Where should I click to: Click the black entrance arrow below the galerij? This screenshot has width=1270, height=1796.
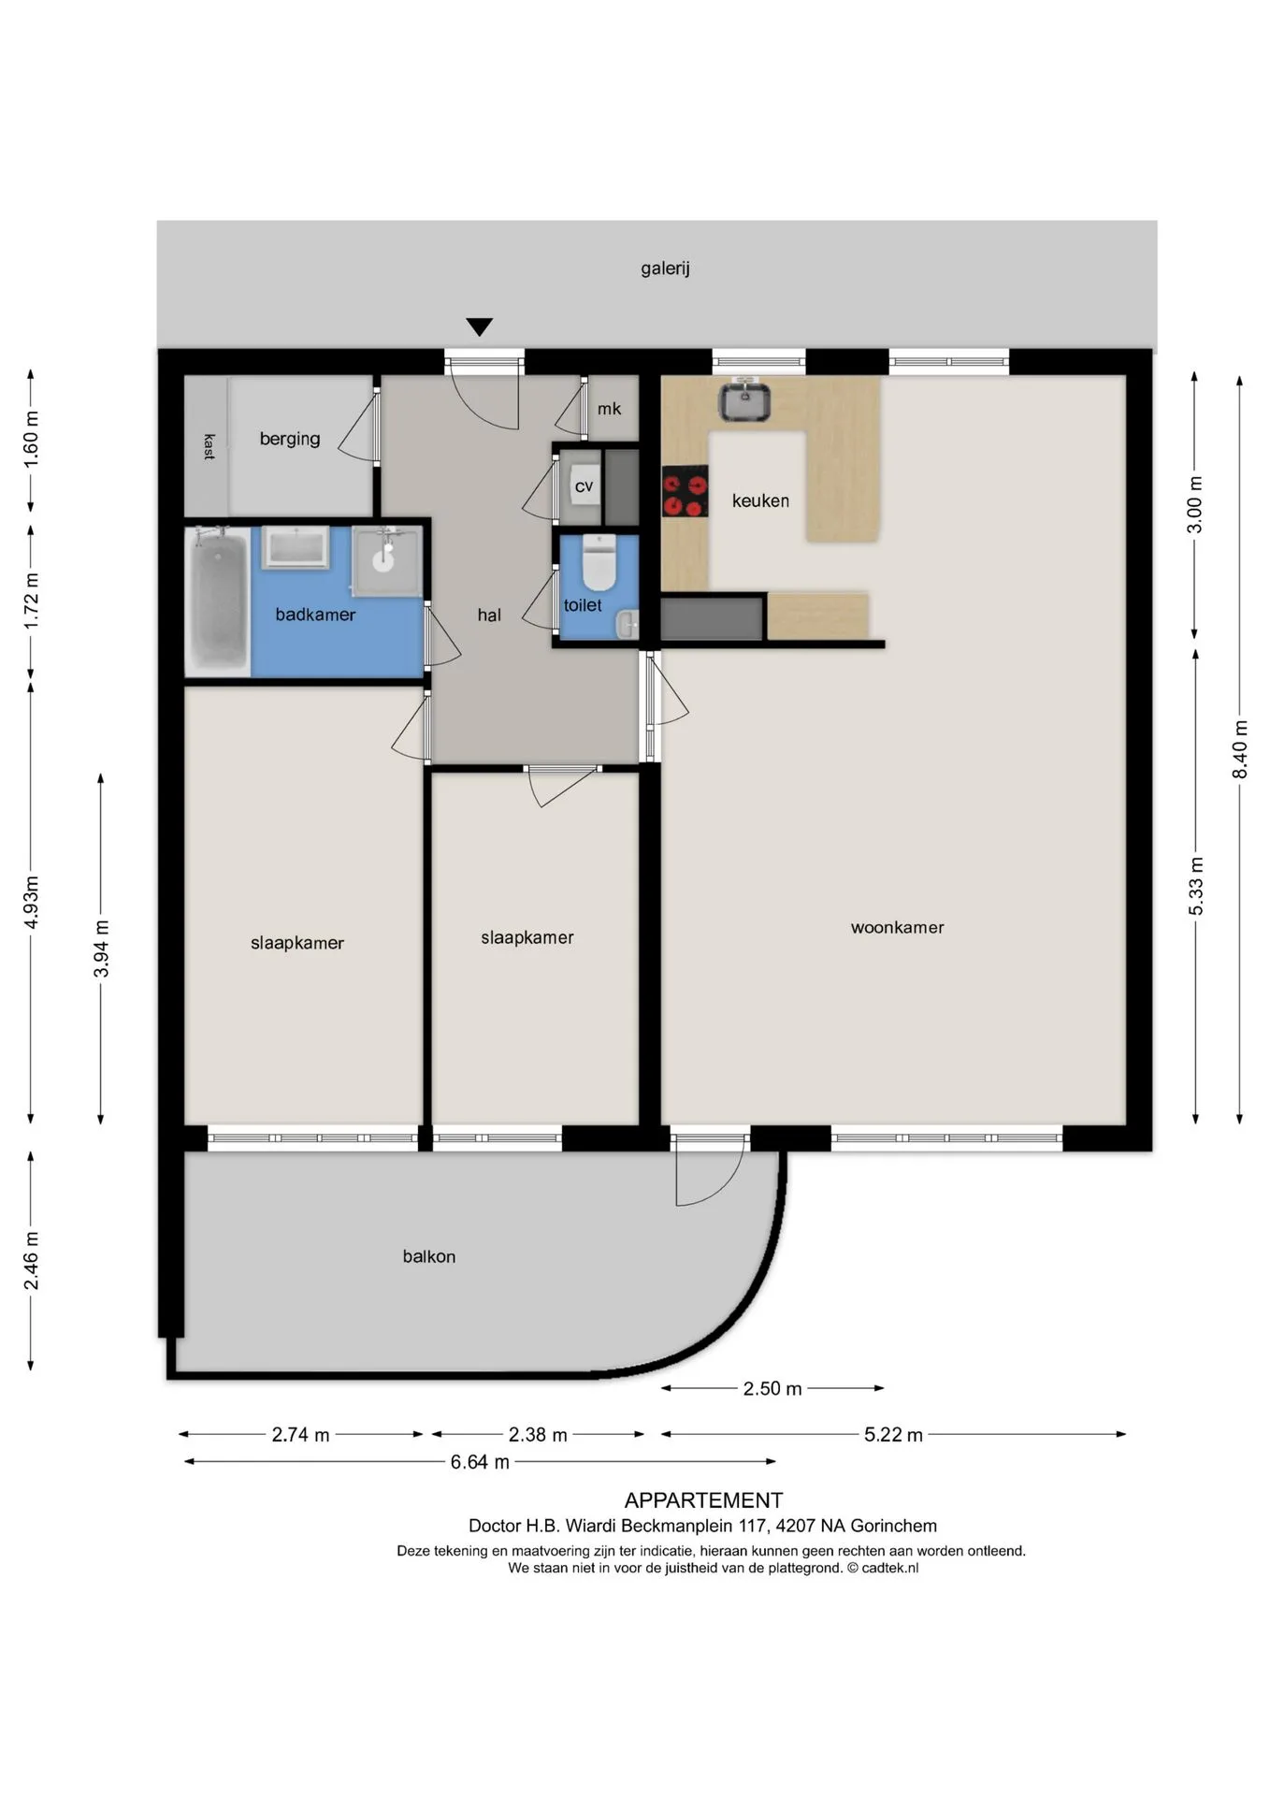point(480,326)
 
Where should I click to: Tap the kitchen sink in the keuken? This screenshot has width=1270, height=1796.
point(744,400)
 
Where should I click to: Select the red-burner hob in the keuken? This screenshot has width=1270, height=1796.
point(685,491)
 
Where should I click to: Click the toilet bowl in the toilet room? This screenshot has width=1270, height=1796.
point(599,561)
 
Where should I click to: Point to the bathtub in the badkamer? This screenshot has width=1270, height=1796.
point(218,600)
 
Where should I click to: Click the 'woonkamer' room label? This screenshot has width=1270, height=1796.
point(897,927)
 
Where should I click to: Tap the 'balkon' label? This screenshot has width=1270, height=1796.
point(429,1256)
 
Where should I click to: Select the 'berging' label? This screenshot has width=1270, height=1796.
point(290,439)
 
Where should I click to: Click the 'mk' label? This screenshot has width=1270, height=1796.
point(609,409)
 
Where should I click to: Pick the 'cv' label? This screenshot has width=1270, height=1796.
point(584,486)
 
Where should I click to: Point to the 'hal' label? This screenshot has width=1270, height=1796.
point(489,615)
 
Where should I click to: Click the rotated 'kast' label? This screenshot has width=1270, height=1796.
point(208,446)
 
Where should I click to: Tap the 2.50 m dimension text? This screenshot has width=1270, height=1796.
point(772,1388)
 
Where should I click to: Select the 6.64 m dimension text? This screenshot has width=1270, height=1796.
point(480,1461)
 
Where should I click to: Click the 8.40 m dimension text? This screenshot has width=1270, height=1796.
point(1239,748)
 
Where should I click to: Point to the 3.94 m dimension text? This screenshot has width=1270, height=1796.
point(101,949)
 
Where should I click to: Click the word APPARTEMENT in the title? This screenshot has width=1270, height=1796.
point(703,1500)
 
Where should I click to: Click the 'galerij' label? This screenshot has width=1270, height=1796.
point(665,268)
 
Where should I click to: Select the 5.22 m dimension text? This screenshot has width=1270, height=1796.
point(893,1434)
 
